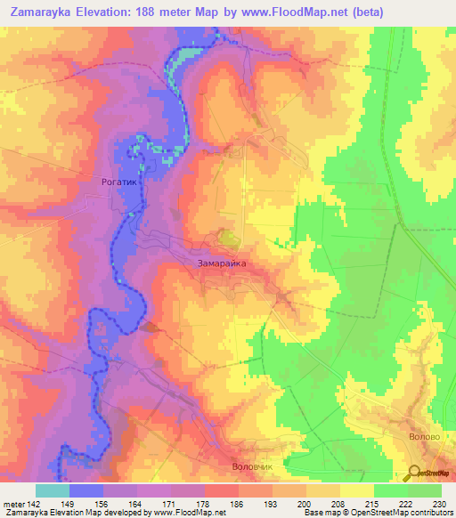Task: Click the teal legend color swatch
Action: pyautogui.click(x=53, y=490)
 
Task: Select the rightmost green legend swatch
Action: pyautogui.click(x=425, y=490)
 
